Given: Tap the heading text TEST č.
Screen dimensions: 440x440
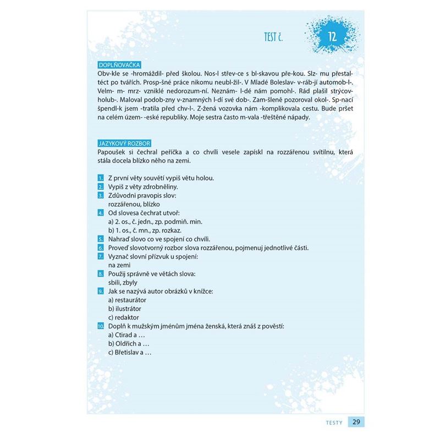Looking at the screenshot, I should click(x=276, y=37).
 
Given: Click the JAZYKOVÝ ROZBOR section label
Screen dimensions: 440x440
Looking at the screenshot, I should click(x=123, y=143).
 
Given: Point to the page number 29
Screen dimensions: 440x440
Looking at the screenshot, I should click(x=356, y=422).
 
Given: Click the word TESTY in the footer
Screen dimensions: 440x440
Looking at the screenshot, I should click(x=333, y=422).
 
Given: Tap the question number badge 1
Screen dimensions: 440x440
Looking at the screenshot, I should click(x=101, y=178).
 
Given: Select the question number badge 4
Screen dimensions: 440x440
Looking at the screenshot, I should click(x=101, y=213).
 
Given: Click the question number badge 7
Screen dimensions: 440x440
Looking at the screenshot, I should click(x=101, y=257).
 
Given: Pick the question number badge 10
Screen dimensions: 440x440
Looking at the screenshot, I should click(x=101, y=326).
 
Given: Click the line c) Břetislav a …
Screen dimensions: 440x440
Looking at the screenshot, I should click(x=130, y=353).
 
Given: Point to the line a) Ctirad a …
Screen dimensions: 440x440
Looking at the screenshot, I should click(x=126, y=335).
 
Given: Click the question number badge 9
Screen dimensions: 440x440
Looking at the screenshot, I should click(x=101, y=291).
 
